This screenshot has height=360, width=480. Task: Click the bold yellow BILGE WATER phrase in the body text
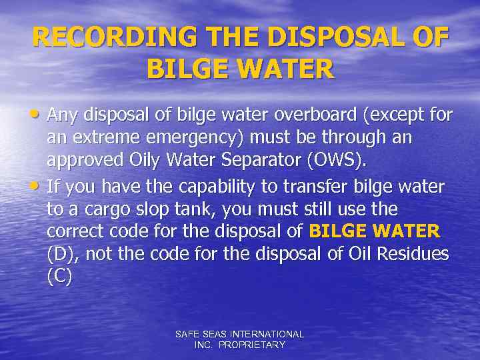point(375,232)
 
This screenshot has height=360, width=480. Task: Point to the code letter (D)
point(59,254)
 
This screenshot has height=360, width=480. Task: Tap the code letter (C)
point(59,276)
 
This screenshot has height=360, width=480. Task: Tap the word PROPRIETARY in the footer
point(253,345)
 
